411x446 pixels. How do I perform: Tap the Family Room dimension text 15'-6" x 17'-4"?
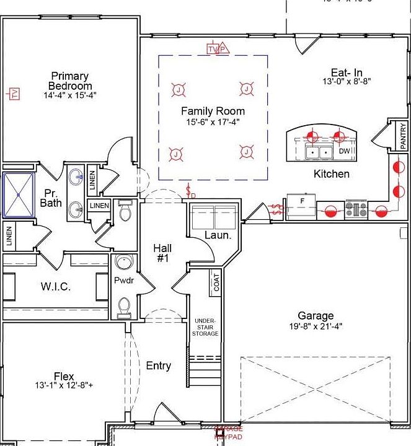click(x=213, y=122)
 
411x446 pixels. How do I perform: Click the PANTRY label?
click(x=403, y=136)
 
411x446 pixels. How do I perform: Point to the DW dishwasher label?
click(x=344, y=151)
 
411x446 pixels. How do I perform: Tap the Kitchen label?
click(x=331, y=174)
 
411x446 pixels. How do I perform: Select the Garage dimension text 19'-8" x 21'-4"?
click(x=315, y=326)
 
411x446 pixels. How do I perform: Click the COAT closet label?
click(x=216, y=284)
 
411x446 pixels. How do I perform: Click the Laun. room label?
click(x=218, y=236)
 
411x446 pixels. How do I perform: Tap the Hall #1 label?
click(x=162, y=253)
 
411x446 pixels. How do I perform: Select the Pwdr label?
click(x=124, y=281)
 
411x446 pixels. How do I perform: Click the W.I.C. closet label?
click(x=56, y=287)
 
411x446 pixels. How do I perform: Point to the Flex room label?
click(x=64, y=376)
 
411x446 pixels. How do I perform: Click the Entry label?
click(x=158, y=366)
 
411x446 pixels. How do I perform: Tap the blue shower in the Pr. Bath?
click(x=19, y=195)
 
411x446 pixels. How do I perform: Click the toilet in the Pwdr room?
click(x=124, y=306)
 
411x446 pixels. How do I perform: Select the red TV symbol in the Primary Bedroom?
click(x=13, y=94)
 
